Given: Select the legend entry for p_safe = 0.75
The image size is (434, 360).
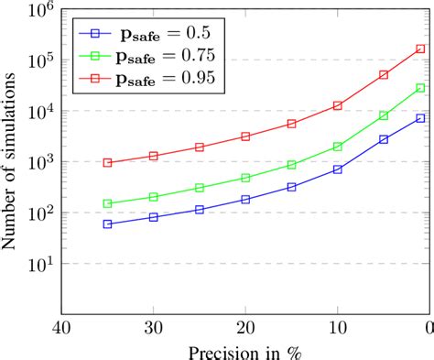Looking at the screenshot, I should pyautogui.click(x=146, y=56).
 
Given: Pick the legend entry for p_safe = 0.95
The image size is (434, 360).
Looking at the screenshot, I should pyautogui.click(x=146, y=79).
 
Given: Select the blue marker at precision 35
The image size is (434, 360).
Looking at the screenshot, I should pyautogui.click(x=107, y=224).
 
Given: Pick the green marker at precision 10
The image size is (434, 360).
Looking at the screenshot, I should pyautogui.click(x=337, y=147).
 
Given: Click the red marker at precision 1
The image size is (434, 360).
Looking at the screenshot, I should pyautogui.click(x=420, y=49).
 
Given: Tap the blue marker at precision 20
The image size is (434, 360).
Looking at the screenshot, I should pyautogui.click(x=245, y=199).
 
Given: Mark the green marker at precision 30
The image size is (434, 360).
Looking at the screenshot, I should pyautogui.click(x=153, y=197).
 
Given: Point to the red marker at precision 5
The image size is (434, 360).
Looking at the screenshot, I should pyautogui.click(x=384, y=75).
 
